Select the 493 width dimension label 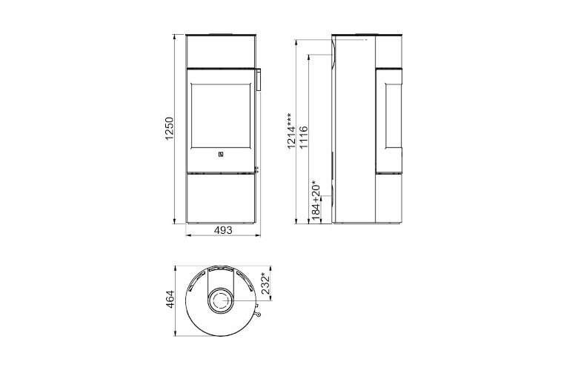coord(222,230)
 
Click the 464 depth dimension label coord(170,299)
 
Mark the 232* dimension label coord(265,283)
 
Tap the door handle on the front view coord(259,79)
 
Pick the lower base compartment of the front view coord(220,198)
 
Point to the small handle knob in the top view coord(258,314)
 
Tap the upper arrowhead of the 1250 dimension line coord(175,36)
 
